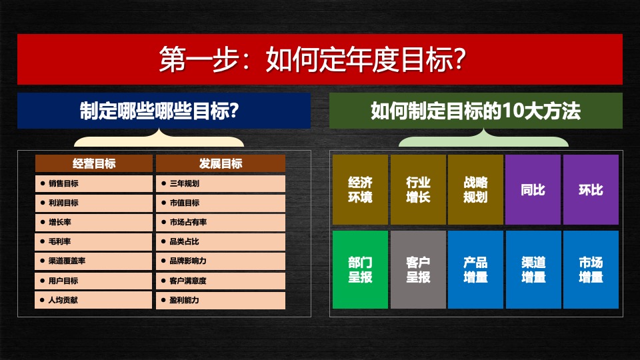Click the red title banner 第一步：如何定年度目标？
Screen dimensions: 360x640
320,60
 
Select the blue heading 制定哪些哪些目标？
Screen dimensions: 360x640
163,111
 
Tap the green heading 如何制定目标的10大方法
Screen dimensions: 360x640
475,111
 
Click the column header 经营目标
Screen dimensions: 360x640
93,164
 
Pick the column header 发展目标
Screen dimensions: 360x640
221,164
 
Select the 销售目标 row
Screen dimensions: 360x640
93,183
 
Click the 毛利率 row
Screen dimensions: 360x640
93,241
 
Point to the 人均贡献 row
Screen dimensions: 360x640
93,300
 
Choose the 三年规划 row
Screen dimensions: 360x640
221,183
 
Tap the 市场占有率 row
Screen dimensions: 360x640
221,222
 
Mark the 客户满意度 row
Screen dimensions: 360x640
221,281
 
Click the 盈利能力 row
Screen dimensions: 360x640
221,300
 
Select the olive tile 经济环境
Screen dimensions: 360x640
360,190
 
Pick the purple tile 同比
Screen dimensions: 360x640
533,190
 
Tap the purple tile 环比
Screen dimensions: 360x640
591,190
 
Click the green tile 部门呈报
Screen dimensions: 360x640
360,269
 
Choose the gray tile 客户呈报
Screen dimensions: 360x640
418,269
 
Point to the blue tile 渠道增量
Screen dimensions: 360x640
533,269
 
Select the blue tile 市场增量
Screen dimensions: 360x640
591,269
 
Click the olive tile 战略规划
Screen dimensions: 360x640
475,190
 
